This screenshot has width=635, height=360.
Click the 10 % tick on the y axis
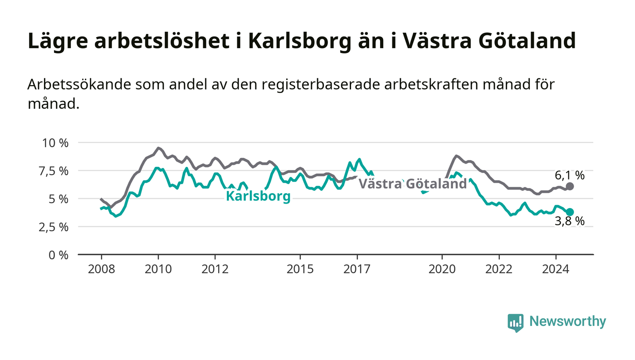tap(55, 143)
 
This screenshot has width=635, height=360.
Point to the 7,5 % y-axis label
tap(54, 171)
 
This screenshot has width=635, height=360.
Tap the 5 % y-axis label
tap(59, 199)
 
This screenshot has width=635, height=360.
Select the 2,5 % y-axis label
tap(54, 227)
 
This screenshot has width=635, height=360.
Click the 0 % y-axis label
tap(59, 255)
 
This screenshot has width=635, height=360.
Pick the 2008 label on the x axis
tap(102, 269)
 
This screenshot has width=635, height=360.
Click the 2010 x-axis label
tap(158, 269)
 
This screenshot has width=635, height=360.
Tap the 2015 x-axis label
tap(300, 269)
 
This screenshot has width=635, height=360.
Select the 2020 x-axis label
tap(442, 269)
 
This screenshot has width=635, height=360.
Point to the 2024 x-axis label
tap(556, 269)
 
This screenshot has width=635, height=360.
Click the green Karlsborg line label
tap(258, 196)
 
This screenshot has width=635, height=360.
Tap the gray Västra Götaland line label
tap(412, 184)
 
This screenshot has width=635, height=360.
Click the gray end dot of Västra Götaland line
tap(570, 186)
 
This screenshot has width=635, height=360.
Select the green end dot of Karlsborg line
tap(570, 212)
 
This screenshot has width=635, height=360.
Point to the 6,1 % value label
tap(570, 176)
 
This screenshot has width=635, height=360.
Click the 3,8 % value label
tap(570, 221)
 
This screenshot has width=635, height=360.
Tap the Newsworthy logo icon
tap(515, 323)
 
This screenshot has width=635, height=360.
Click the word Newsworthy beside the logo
tap(567, 321)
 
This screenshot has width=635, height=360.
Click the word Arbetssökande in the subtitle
tap(79, 85)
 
